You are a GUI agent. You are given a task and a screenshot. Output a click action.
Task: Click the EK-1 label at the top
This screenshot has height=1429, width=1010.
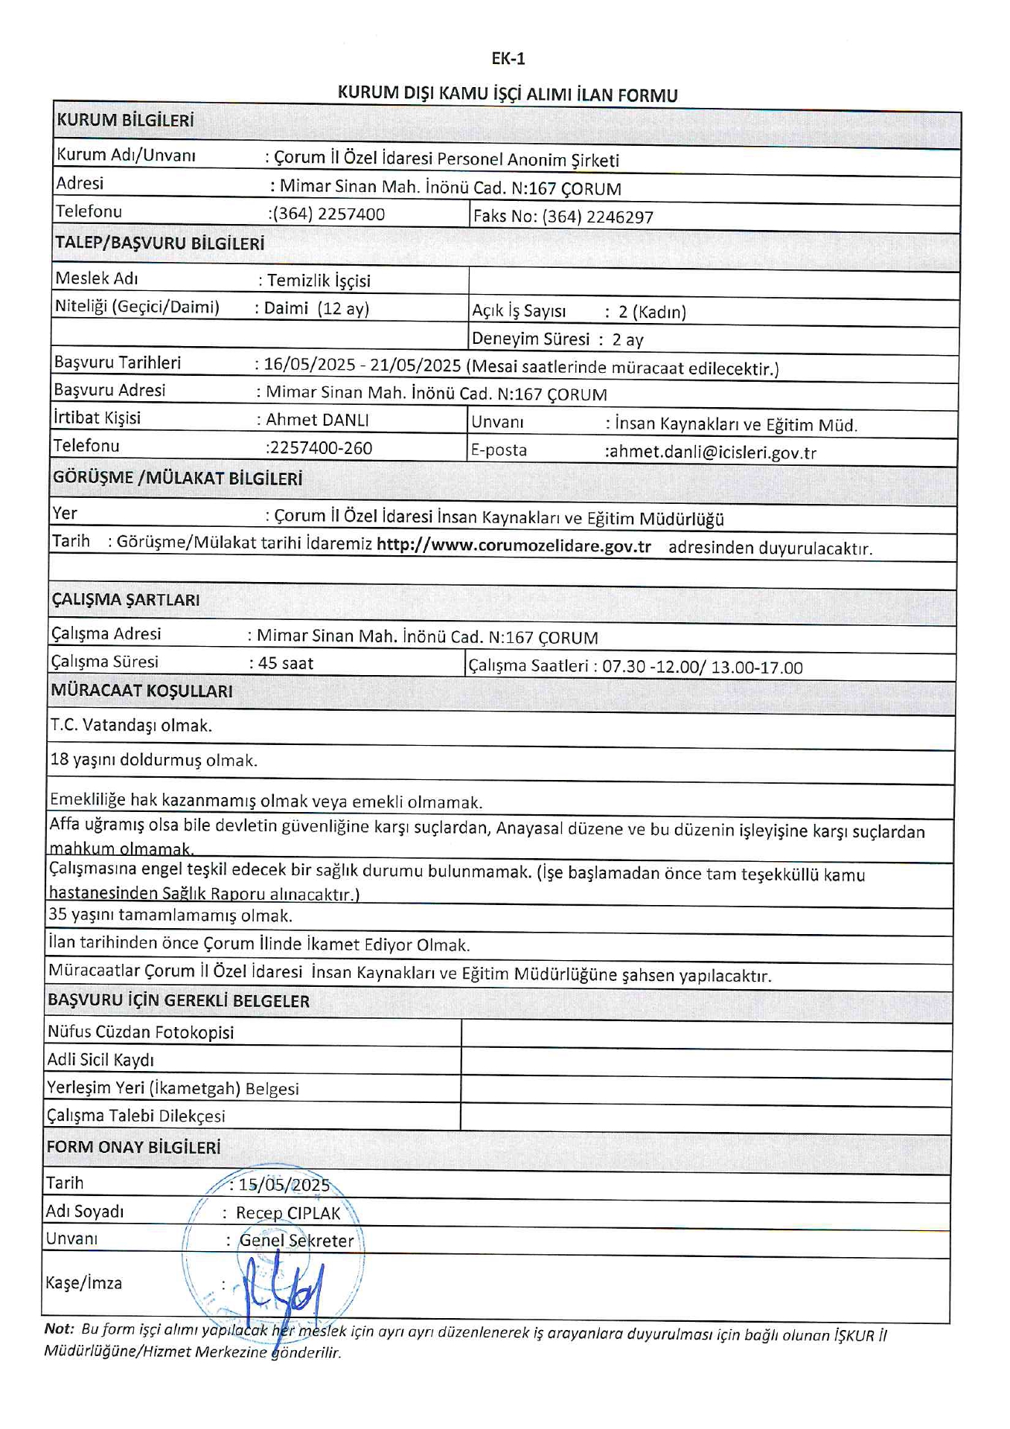coord(508,58)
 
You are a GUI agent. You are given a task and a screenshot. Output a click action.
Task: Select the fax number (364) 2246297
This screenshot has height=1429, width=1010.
coord(598,217)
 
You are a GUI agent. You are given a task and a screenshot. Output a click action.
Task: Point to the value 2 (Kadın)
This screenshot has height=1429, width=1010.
coord(652,312)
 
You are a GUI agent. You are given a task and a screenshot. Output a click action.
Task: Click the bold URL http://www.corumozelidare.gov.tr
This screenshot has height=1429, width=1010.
coord(514,546)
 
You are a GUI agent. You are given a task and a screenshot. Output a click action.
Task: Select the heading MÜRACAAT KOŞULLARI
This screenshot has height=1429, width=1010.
coord(141,691)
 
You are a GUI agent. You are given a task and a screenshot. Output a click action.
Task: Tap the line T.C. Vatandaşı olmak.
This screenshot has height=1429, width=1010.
coord(131,725)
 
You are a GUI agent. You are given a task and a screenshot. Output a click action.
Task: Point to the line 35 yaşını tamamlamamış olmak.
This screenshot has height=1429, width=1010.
coord(170,915)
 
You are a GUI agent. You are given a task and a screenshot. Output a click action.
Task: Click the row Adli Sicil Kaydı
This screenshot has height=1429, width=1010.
coord(100,1060)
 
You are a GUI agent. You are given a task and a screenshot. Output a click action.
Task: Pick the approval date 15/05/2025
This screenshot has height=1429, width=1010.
coord(284,1184)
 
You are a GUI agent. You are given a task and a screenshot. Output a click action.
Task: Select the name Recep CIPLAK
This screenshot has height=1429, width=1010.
coord(288,1213)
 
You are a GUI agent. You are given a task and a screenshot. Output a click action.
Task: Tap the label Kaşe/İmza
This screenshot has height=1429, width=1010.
coord(83,1282)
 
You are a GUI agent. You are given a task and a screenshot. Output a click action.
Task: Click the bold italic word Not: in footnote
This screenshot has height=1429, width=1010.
coord(60,1329)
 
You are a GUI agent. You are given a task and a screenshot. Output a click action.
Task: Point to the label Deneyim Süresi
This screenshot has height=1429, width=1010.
coord(531,339)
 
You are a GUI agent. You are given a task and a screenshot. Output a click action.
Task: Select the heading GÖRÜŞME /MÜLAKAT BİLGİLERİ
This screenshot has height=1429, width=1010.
coord(177,478)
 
